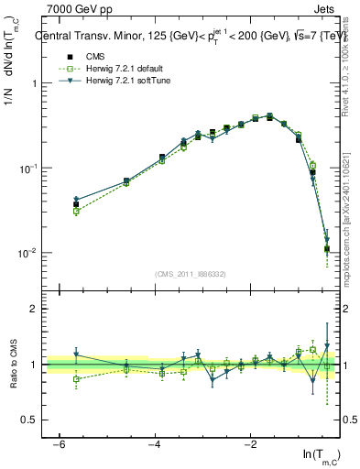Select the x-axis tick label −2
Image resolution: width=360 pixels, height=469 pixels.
pyautogui.click(x=251, y=444)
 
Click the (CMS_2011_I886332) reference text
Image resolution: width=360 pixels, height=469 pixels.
pyautogui.click(x=190, y=274)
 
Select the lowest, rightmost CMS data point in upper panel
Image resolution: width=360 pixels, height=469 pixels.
pyautogui.click(x=327, y=248)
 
